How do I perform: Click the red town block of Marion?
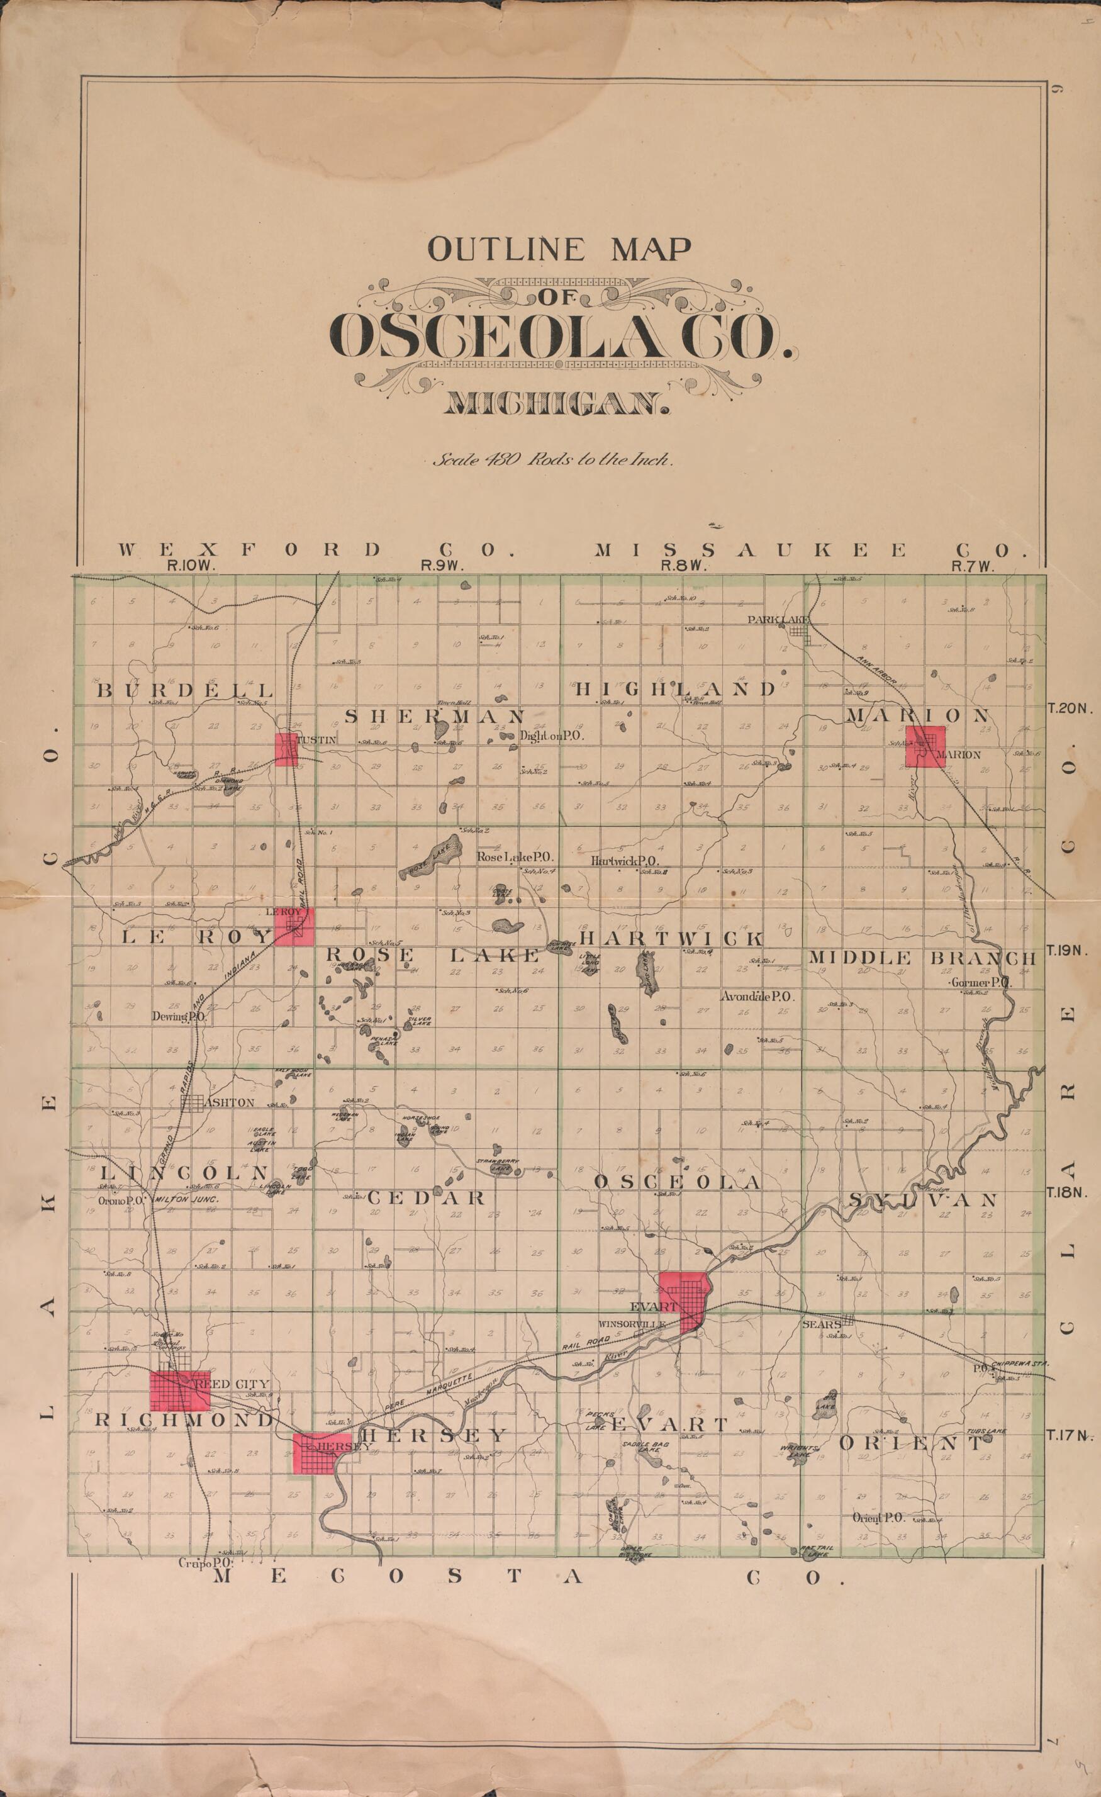(x=925, y=746)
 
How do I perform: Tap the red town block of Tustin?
(x=286, y=749)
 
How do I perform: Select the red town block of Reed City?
(x=179, y=1391)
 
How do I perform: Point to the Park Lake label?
(x=783, y=620)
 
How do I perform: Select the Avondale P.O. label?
(x=758, y=996)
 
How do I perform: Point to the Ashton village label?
(x=228, y=1103)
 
